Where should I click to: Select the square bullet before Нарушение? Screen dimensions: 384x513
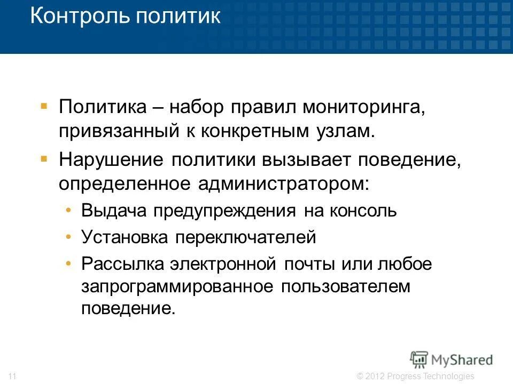[x=44, y=158]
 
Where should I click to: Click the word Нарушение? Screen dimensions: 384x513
[x=113, y=159]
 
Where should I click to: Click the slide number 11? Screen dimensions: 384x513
[x=13, y=376]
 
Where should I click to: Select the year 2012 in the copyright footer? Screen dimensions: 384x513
[x=375, y=376]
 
